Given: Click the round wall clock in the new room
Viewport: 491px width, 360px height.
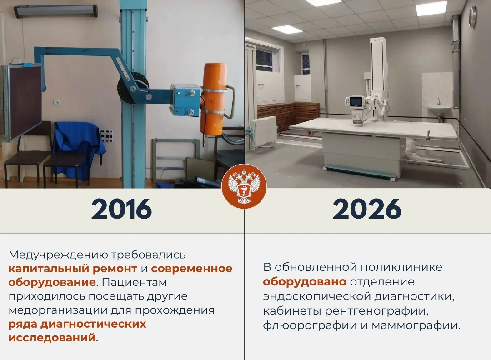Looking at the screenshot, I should click(473, 17).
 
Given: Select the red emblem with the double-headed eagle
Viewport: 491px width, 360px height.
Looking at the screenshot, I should click(244, 186).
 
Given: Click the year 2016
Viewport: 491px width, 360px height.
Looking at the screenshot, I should click(121, 209).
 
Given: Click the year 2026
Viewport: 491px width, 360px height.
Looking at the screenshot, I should click(367, 209).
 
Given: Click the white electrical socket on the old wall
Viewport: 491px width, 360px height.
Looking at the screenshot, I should click(58, 102).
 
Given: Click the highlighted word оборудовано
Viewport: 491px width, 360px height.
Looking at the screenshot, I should click(305, 281).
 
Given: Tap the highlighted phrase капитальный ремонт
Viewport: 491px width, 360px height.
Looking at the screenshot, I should click(73, 268).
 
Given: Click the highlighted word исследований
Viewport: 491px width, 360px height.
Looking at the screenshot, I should click(52, 338).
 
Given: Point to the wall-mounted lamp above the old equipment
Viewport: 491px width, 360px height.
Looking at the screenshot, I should click(55, 11).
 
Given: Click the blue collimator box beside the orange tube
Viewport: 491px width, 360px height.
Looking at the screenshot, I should click(185, 99).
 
